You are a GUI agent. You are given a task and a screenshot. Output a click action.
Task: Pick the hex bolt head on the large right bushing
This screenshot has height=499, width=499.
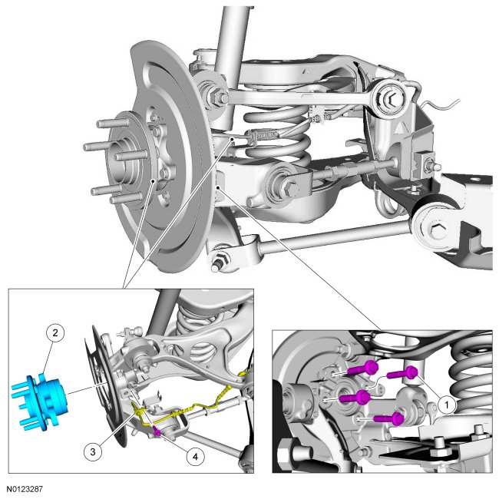click(x=435, y=228)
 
